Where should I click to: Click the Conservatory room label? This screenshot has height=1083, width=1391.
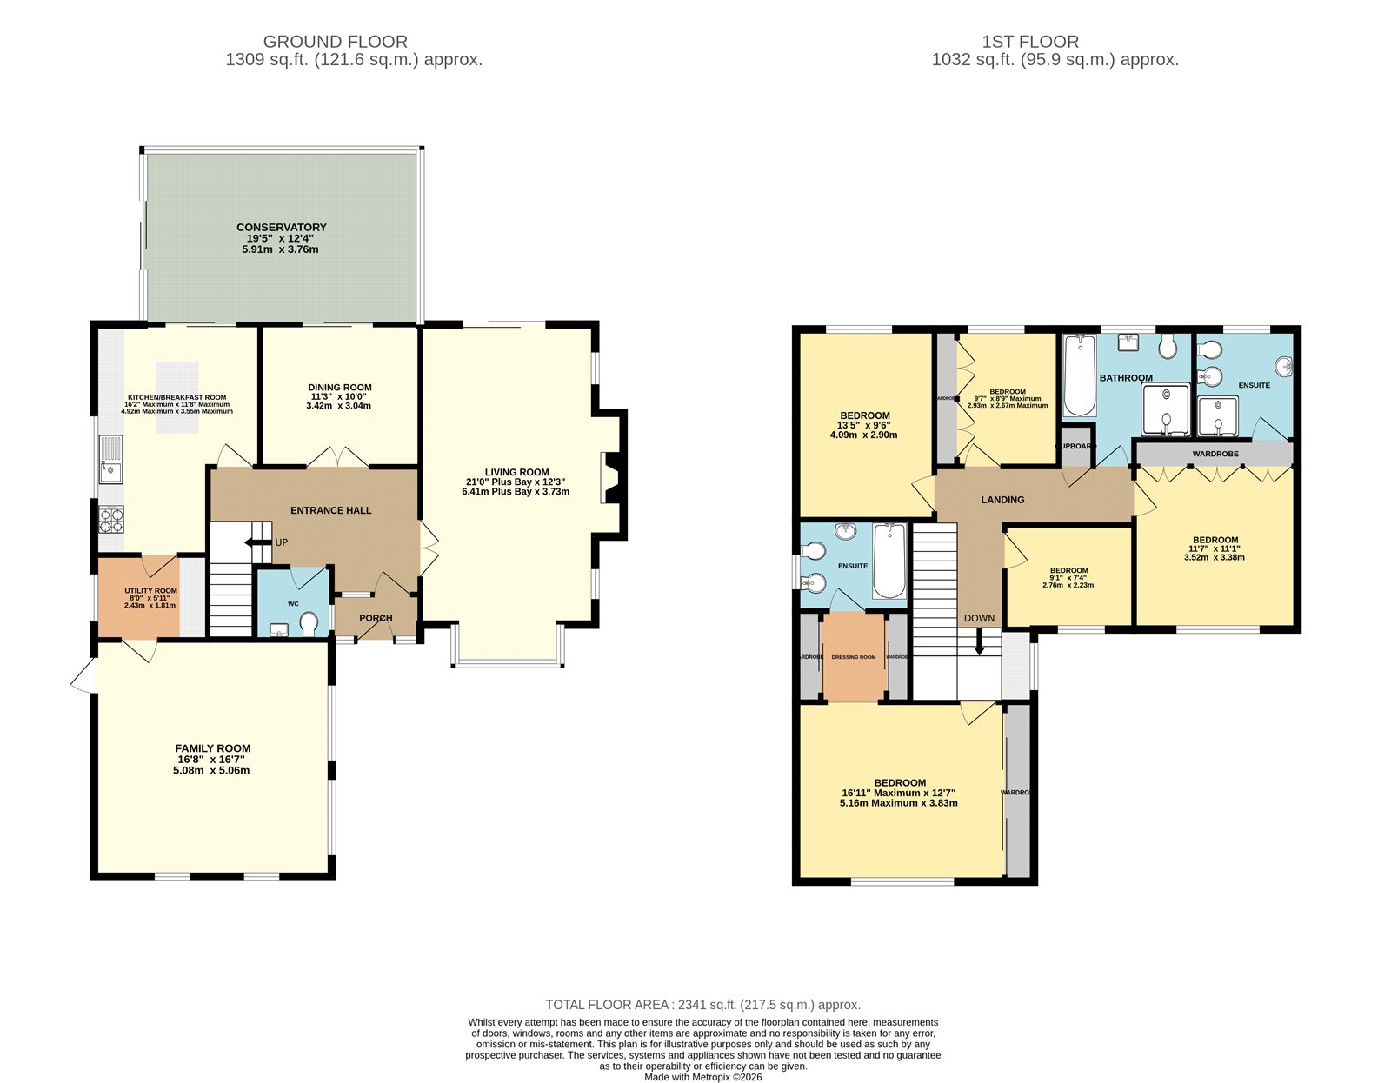click(x=281, y=228)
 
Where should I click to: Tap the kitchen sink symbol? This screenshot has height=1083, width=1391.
click(x=111, y=459)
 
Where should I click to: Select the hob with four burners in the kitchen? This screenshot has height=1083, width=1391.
click(x=111, y=519)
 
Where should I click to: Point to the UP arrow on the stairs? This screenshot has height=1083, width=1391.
click(x=257, y=542)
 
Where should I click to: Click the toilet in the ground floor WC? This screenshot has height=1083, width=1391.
click(x=308, y=623)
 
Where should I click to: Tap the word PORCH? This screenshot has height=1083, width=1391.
click(x=376, y=618)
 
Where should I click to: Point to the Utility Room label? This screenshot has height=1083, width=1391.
click(x=150, y=591)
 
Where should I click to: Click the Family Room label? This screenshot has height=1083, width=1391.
click(x=213, y=748)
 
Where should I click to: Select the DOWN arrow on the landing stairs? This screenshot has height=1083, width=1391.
click(x=980, y=644)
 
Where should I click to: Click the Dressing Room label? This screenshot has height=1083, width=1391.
click(x=854, y=657)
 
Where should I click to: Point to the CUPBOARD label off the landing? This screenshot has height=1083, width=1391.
click(x=1076, y=446)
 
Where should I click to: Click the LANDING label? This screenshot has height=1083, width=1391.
click(x=1002, y=500)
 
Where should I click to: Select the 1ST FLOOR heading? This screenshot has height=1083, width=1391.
click(x=1030, y=42)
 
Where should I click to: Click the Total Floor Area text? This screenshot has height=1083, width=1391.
click(x=702, y=1005)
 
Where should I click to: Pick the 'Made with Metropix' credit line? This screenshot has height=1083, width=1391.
click(x=702, y=1077)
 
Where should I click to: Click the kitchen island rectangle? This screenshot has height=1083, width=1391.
click(x=177, y=397)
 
